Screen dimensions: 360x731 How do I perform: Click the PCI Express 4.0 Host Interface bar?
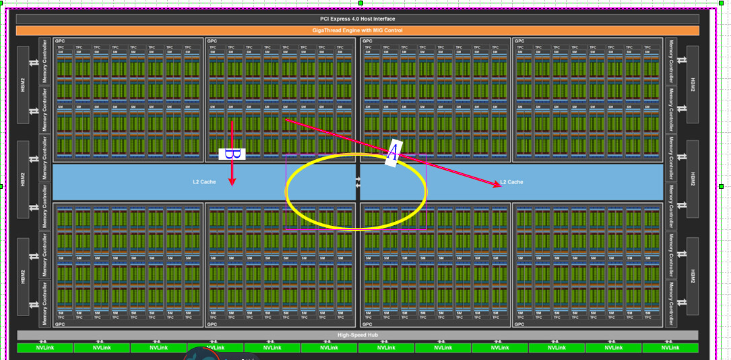pyautogui.click(x=357, y=19)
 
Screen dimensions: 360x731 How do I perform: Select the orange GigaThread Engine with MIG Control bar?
pyautogui.click(x=357, y=30)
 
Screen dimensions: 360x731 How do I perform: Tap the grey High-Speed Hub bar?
pyautogui.click(x=357, y=335)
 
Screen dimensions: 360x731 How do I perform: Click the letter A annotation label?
pyautogui.click(x=393, y=154)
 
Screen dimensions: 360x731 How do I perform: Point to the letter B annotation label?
pyautogui.click(x=231, y=154)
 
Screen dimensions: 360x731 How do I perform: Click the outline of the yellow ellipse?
pyautogui.click(x=426, y=191)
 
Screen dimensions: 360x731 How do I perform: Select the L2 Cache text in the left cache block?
pyautogui.click(x=203, y=182)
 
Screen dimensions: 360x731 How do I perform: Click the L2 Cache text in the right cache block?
pyautogui.click(x=511, y=182)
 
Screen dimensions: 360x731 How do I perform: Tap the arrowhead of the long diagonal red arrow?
pyautogui.click(x=499, y=186)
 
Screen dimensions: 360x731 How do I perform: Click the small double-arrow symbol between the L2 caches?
pyautogui.click(x=358, y=182)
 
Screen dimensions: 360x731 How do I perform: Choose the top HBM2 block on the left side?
pyautogui.click(x=23, y=85)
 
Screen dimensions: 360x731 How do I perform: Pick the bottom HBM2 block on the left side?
pyautogui.click(x=23, y=276)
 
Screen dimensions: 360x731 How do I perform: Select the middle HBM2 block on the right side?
pyautogui.click(x=693, y=179)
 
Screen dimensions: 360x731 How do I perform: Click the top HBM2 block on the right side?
pyautogui.click(x=693, y=85)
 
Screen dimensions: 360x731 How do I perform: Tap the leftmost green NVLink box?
pyautogui.click(x=44, y=348)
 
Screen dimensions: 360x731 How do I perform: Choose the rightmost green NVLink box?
pyautogui.click(x=670, y=348)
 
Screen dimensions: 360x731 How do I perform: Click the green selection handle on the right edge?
pyautogui.click(x=721, y=186)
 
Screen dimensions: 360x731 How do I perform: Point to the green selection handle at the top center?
pyautogui.click(x=360, y=3)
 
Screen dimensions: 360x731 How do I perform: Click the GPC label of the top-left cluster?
pyautogui.click(x=60, y=41)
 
